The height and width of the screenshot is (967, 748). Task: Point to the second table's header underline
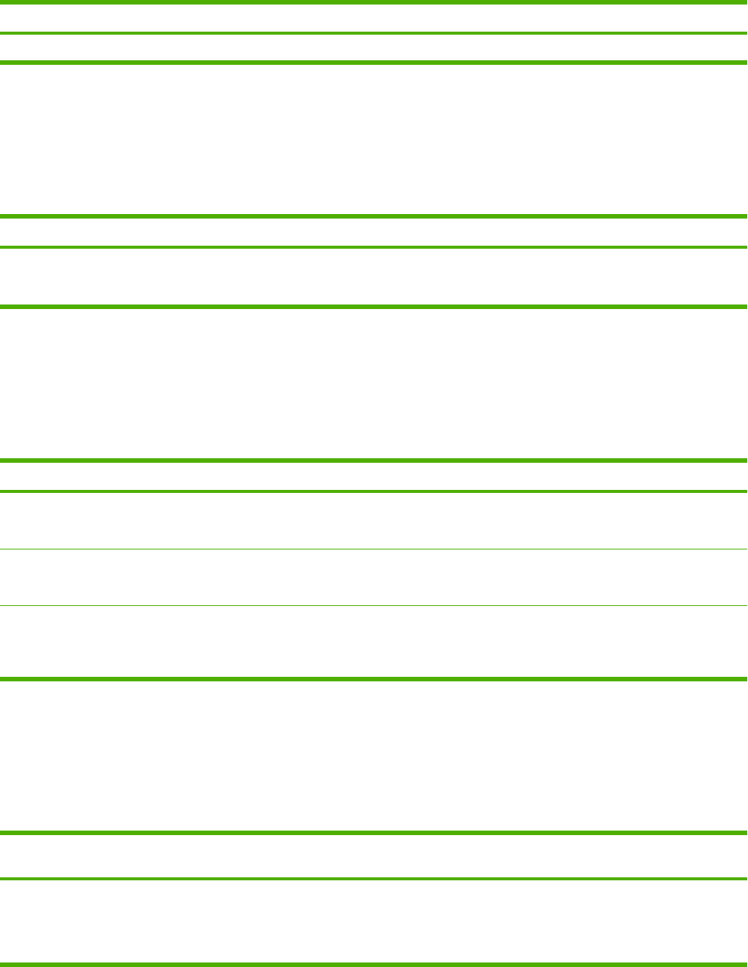[373, 246]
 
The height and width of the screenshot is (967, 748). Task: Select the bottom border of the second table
[373, 306]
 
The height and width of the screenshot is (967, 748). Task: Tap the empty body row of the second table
[373, 277]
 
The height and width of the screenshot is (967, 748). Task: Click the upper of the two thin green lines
[373, 549]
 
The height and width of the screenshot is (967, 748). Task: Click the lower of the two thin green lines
[373, 605]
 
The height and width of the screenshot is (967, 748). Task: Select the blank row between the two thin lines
[373, 577]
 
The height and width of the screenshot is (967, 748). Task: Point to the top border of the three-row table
[373, 461]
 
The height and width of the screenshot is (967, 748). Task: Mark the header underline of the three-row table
[373, 491]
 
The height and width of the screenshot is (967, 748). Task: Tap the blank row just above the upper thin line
[373, 520]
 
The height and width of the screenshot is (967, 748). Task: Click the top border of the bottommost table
[373, 833]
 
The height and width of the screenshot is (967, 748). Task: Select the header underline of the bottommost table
[373, 879]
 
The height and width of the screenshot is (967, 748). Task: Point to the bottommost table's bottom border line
[373, 964]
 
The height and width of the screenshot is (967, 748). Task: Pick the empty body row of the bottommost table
[373, 921]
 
